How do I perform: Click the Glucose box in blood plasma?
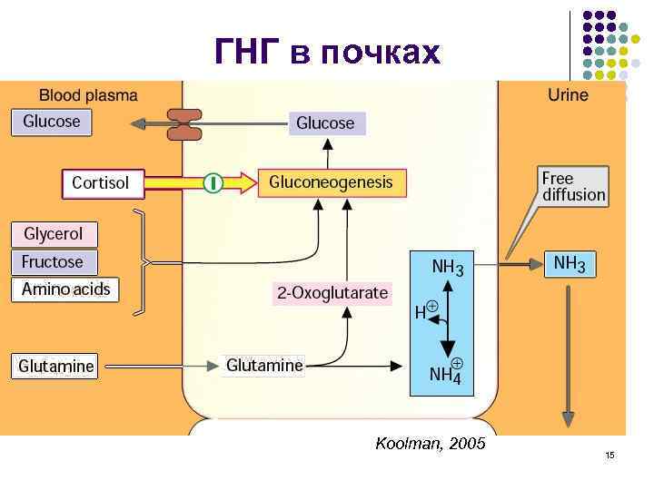[52, 122]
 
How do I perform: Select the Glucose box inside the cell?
[325, 123]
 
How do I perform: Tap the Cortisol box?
[101, 183]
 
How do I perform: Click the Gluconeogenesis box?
[332, 182]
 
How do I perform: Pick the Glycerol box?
[54, 234]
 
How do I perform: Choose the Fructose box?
[53, 262]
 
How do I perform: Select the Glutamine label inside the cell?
[264, 366]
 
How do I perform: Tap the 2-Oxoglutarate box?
[332, 293]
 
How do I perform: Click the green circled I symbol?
[212, 183]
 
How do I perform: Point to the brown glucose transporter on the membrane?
[184, 124]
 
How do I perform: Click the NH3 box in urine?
[570, 264]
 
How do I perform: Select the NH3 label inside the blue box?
[447, 269]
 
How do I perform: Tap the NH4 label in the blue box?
[446, 372]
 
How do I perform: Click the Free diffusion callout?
[572, 186]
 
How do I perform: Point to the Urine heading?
[568, 95]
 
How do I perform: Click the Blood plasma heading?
[88, 94]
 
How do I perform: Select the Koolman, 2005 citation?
[430, 444]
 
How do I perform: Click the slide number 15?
[609, 455]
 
